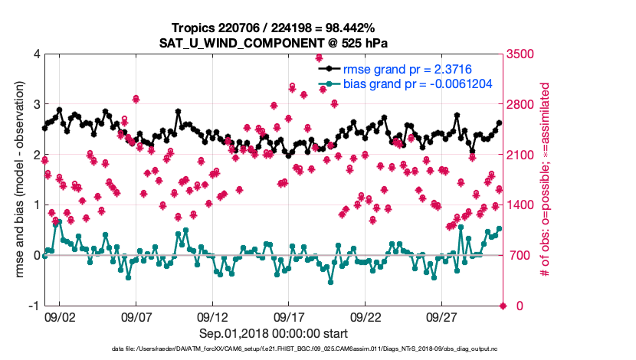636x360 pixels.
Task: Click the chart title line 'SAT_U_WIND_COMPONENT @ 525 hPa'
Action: [274, 43]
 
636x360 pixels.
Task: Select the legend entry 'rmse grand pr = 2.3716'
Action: [406, 69]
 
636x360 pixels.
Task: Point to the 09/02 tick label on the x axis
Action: [60, 316]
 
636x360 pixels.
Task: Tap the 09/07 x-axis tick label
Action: [136, 316]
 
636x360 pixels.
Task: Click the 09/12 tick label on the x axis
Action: [212, 316]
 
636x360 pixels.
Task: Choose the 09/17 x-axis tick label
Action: [289, 316]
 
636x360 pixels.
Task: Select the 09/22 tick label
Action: [366, 316]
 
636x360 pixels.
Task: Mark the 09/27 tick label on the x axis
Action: [442, 316]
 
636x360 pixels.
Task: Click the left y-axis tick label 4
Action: [37, 54]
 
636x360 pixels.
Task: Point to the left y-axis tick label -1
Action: [34, 306]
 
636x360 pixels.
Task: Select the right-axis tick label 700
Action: [520, 255]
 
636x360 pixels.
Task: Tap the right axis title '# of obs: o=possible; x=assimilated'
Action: [546, 179]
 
